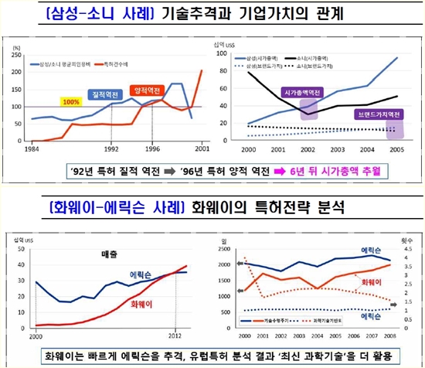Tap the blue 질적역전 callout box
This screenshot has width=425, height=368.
(105, 94)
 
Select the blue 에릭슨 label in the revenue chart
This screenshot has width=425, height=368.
(141, 274)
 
